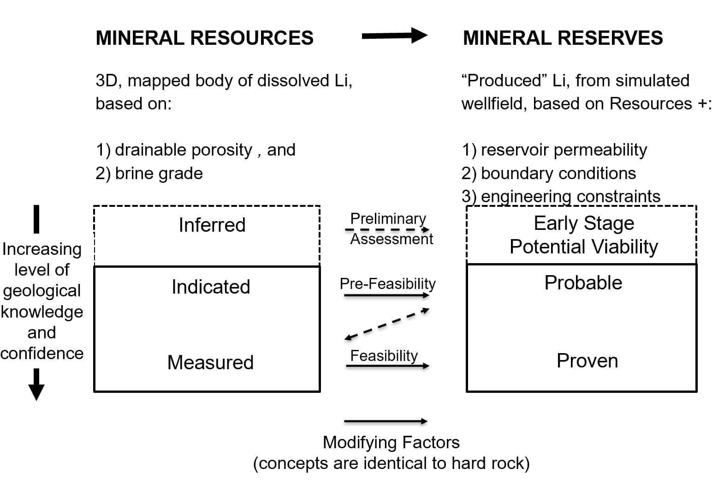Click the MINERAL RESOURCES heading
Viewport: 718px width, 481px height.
tap(204, 38)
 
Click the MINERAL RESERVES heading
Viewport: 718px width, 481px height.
tap(563, 38)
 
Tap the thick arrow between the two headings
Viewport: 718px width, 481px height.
tap(394, 36)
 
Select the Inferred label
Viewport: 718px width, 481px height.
tap(212, 225)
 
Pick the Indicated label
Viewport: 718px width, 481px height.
tap(211, 287)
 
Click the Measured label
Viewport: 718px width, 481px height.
tap(210, 362)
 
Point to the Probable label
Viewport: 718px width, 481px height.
tap(583, 283)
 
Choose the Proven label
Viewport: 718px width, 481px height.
tap(587, 361)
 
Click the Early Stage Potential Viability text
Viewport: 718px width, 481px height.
tap(583, 235)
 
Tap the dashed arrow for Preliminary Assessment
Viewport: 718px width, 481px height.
tap(387, 229)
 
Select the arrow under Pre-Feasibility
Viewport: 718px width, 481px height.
tap(387, 295)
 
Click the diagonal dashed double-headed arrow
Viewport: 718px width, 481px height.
tap(387, 325)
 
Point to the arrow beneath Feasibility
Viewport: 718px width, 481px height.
tap(387, 366)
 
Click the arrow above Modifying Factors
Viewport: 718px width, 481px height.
tap(386, 421)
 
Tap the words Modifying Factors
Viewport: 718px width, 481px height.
tap(391, 442)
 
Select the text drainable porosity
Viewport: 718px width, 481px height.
tap(183, 150)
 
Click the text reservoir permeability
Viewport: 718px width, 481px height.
tap(564, 150)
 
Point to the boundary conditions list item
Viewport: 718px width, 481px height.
tap(558, 174)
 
